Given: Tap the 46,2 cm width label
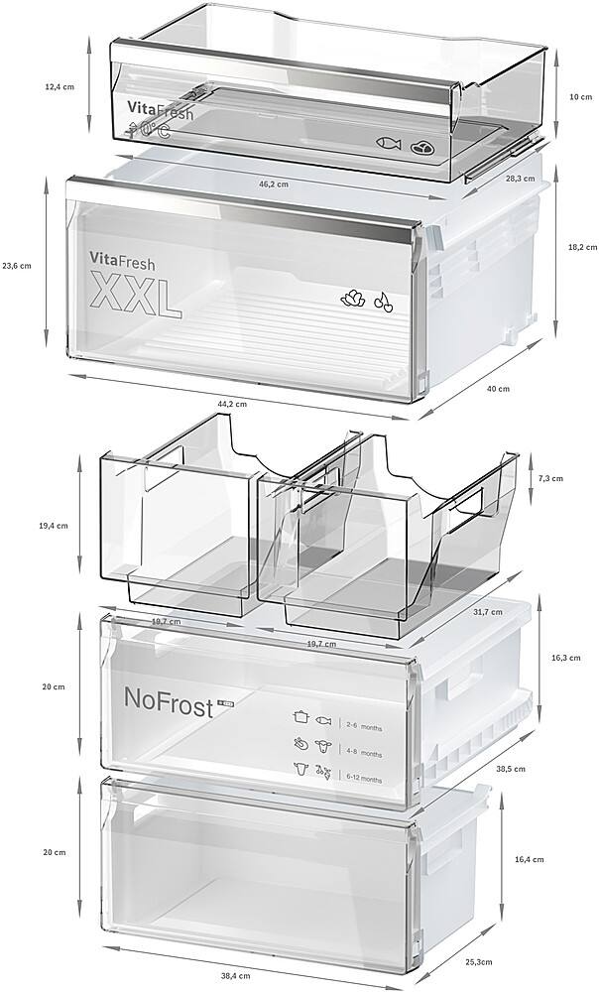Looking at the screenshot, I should point(274,185).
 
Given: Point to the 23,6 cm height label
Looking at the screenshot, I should point(17,265).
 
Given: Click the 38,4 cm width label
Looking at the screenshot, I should point(234,976).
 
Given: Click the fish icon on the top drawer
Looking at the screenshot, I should point(389,145).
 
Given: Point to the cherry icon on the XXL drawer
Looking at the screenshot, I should point(383,302).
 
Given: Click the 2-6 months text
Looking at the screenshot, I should point(363,728).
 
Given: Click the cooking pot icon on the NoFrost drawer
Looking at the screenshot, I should point(298,715).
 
